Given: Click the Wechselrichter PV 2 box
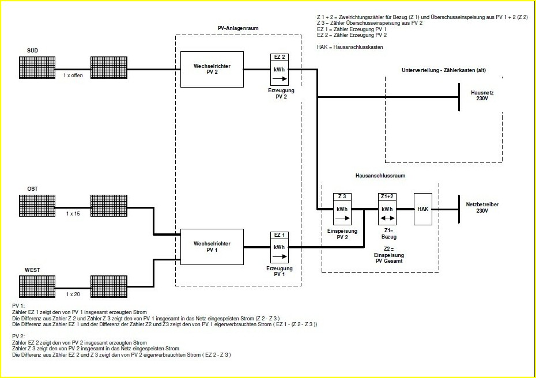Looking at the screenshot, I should click(212, 70).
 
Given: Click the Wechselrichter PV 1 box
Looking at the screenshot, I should click(212, 247).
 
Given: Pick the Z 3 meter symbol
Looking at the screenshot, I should click(342, 209).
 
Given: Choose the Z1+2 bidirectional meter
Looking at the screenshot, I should click(387, 209).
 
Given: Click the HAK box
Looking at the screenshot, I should click(422, 209).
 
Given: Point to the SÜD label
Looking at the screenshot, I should click(32, 51).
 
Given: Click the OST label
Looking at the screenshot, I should click(32, 188).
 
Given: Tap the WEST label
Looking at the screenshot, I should click(32, 270).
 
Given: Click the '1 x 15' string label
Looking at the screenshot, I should click(73, 214).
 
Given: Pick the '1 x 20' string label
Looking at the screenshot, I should click(73, 294).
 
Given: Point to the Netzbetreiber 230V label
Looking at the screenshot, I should click(482, 207).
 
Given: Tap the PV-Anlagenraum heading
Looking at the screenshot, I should click(237, 28).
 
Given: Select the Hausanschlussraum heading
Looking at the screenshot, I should click(380, 176).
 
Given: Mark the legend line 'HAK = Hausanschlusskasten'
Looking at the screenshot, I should click(350, 47).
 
